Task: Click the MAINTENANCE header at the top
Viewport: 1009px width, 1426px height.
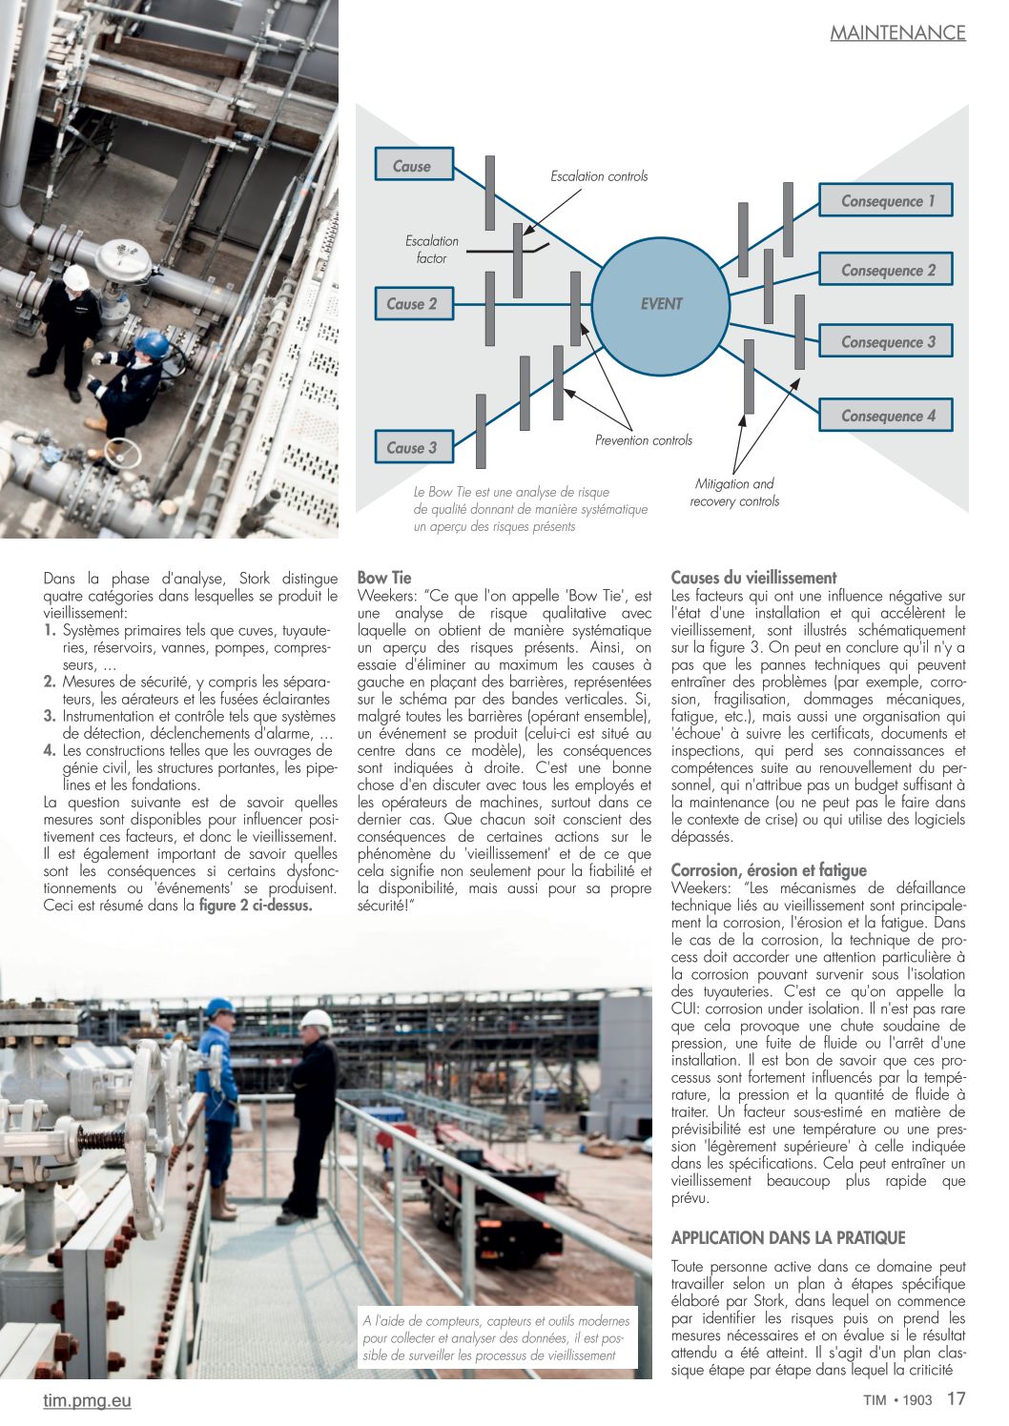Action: pos(897,32)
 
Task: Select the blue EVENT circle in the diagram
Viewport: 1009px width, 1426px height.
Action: pos(660,304)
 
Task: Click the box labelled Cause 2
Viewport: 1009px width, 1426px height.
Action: pos(412,304)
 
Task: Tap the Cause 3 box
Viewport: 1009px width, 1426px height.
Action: pos(412,447)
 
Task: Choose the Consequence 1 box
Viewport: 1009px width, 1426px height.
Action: pos(886,201)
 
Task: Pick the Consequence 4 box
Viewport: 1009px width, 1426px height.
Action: pos(886,416)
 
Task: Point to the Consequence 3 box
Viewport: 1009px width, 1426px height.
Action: pos(886,341)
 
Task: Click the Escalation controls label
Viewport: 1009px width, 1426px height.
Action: pos(599,176)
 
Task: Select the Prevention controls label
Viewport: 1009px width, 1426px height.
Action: pos(644,440)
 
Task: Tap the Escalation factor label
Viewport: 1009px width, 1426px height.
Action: pos(431,250)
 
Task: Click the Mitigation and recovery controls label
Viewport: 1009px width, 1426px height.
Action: pos(734,493)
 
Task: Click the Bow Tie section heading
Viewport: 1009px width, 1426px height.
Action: pos(384,578)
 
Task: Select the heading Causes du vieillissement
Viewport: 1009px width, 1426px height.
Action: pos(753,578)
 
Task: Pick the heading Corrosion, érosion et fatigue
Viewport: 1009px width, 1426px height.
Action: pos(769,870)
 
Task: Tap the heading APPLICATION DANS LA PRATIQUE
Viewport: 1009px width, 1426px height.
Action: pos(788,1238)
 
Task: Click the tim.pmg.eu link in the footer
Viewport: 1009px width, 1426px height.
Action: pos(87,1400)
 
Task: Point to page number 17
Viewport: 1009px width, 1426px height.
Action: pos(956,1399)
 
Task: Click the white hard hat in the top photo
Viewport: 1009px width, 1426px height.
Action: pos(76,277)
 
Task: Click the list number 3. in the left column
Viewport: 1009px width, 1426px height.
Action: pos(50,717)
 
